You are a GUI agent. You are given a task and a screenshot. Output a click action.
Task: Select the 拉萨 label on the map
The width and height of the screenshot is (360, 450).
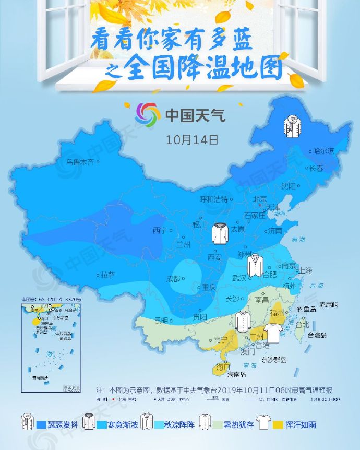107,275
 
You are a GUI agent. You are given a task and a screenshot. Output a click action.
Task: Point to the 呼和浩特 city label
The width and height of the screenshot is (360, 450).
214,199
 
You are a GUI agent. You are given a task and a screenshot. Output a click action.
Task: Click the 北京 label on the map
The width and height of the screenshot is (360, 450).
259,199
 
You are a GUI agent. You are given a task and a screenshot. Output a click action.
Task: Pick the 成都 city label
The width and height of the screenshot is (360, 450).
173,278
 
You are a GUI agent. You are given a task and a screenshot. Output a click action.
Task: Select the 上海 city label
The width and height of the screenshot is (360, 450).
304,270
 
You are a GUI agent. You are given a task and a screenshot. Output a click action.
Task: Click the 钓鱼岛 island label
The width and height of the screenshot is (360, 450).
307,309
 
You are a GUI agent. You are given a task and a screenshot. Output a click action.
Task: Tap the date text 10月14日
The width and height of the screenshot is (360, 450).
191,140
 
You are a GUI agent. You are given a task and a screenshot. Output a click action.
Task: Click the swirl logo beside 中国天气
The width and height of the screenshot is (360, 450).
148,114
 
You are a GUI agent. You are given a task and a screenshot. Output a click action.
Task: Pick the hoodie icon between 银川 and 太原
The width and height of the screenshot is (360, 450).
220,233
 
